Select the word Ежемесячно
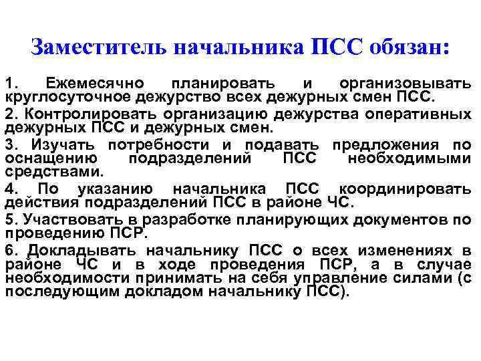coord(93,84)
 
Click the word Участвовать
coord(60,220)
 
